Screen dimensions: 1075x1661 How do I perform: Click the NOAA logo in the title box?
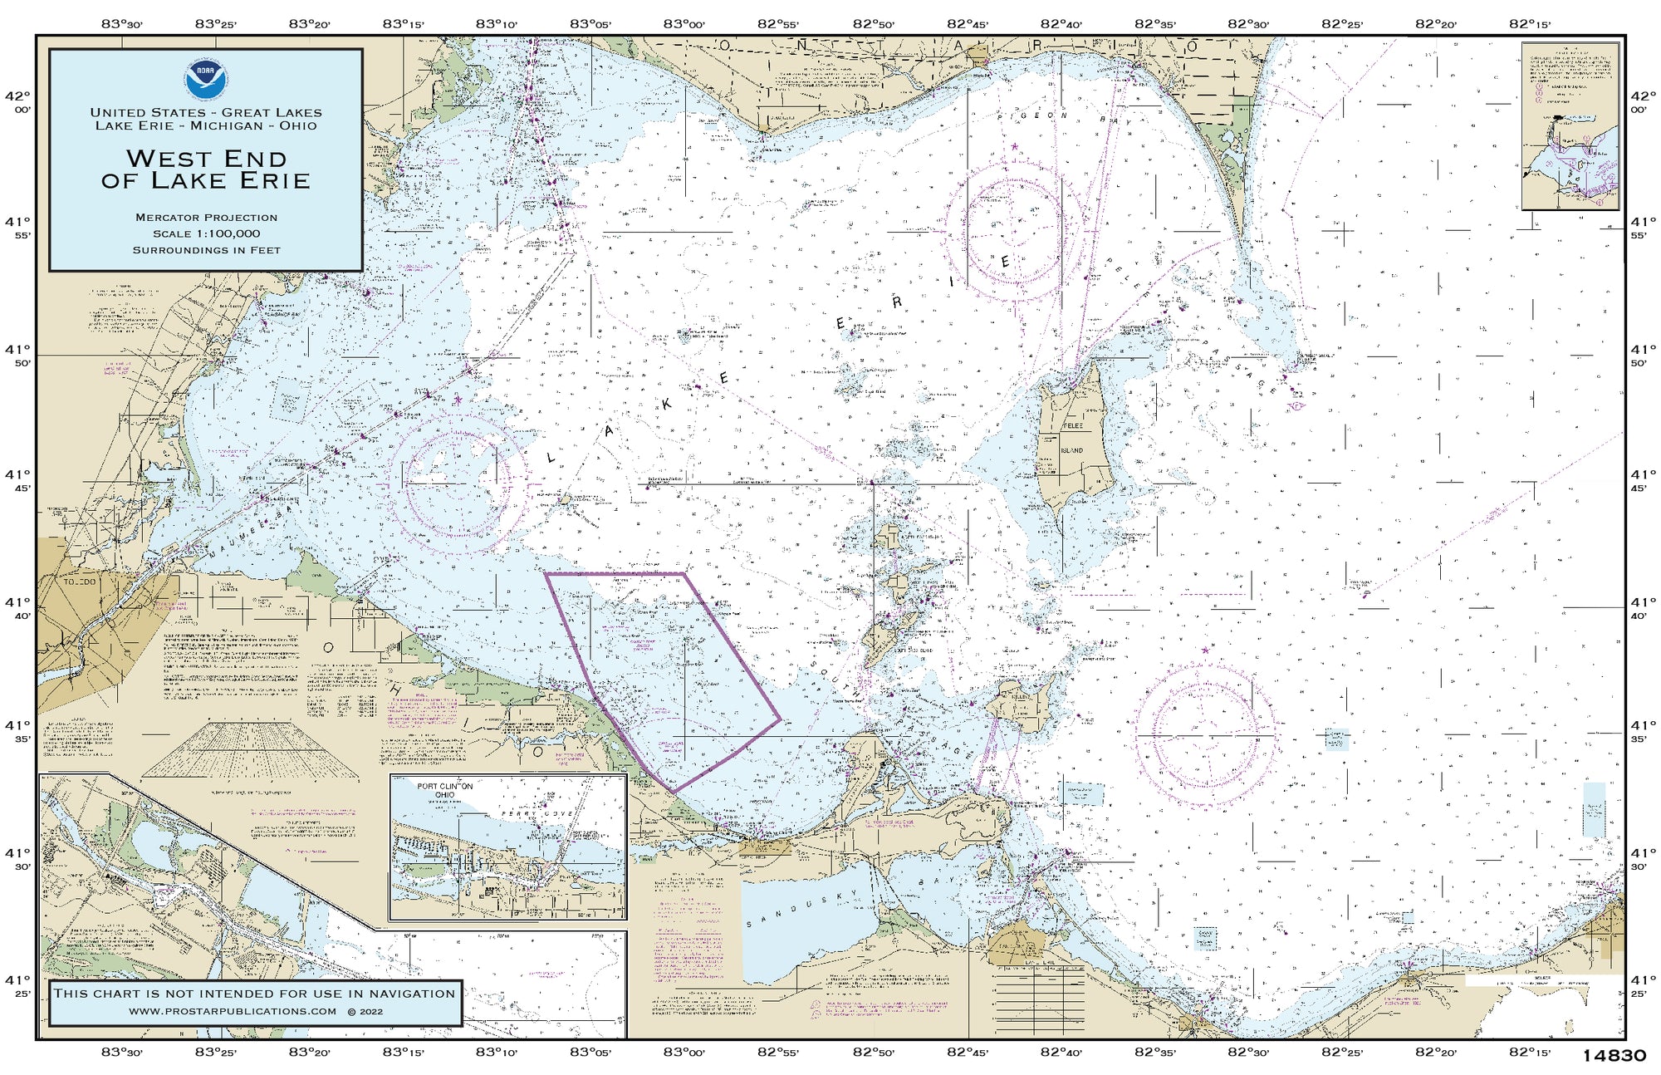pos(206,79)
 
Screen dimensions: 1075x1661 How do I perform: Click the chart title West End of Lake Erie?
pos(206,169)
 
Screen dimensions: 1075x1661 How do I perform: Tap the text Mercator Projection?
pos(206,218)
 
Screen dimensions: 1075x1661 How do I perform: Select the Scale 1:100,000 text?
pos(206,234)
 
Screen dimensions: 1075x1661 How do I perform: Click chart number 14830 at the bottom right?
pos(1614,1056)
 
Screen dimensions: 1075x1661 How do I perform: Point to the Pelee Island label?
pos(1072,438)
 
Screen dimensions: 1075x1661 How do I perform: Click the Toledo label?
pos(81,582)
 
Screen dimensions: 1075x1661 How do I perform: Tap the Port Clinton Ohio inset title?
pos(445,790)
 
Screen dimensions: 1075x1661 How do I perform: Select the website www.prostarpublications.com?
pos(233,1011)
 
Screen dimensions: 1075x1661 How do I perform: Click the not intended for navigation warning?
pos(254,994)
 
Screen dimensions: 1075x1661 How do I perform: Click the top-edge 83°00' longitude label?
pos(684,24)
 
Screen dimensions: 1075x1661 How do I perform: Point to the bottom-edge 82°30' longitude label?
pos(1248,1053)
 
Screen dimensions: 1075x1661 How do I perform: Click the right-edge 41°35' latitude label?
pos(1639,731)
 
